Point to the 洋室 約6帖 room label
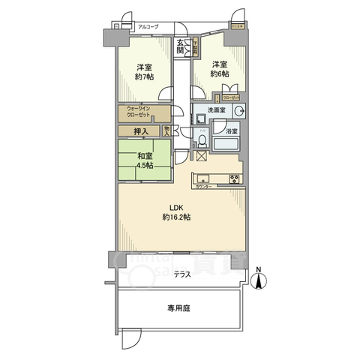point(218,69)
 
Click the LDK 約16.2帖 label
point(178,212)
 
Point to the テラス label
point(181,274)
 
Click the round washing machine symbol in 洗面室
point(239,112)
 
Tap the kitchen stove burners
point(234,178)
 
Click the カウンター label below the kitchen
point(202,186)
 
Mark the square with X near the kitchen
point(201,156)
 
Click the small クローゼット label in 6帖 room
point(232,97)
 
